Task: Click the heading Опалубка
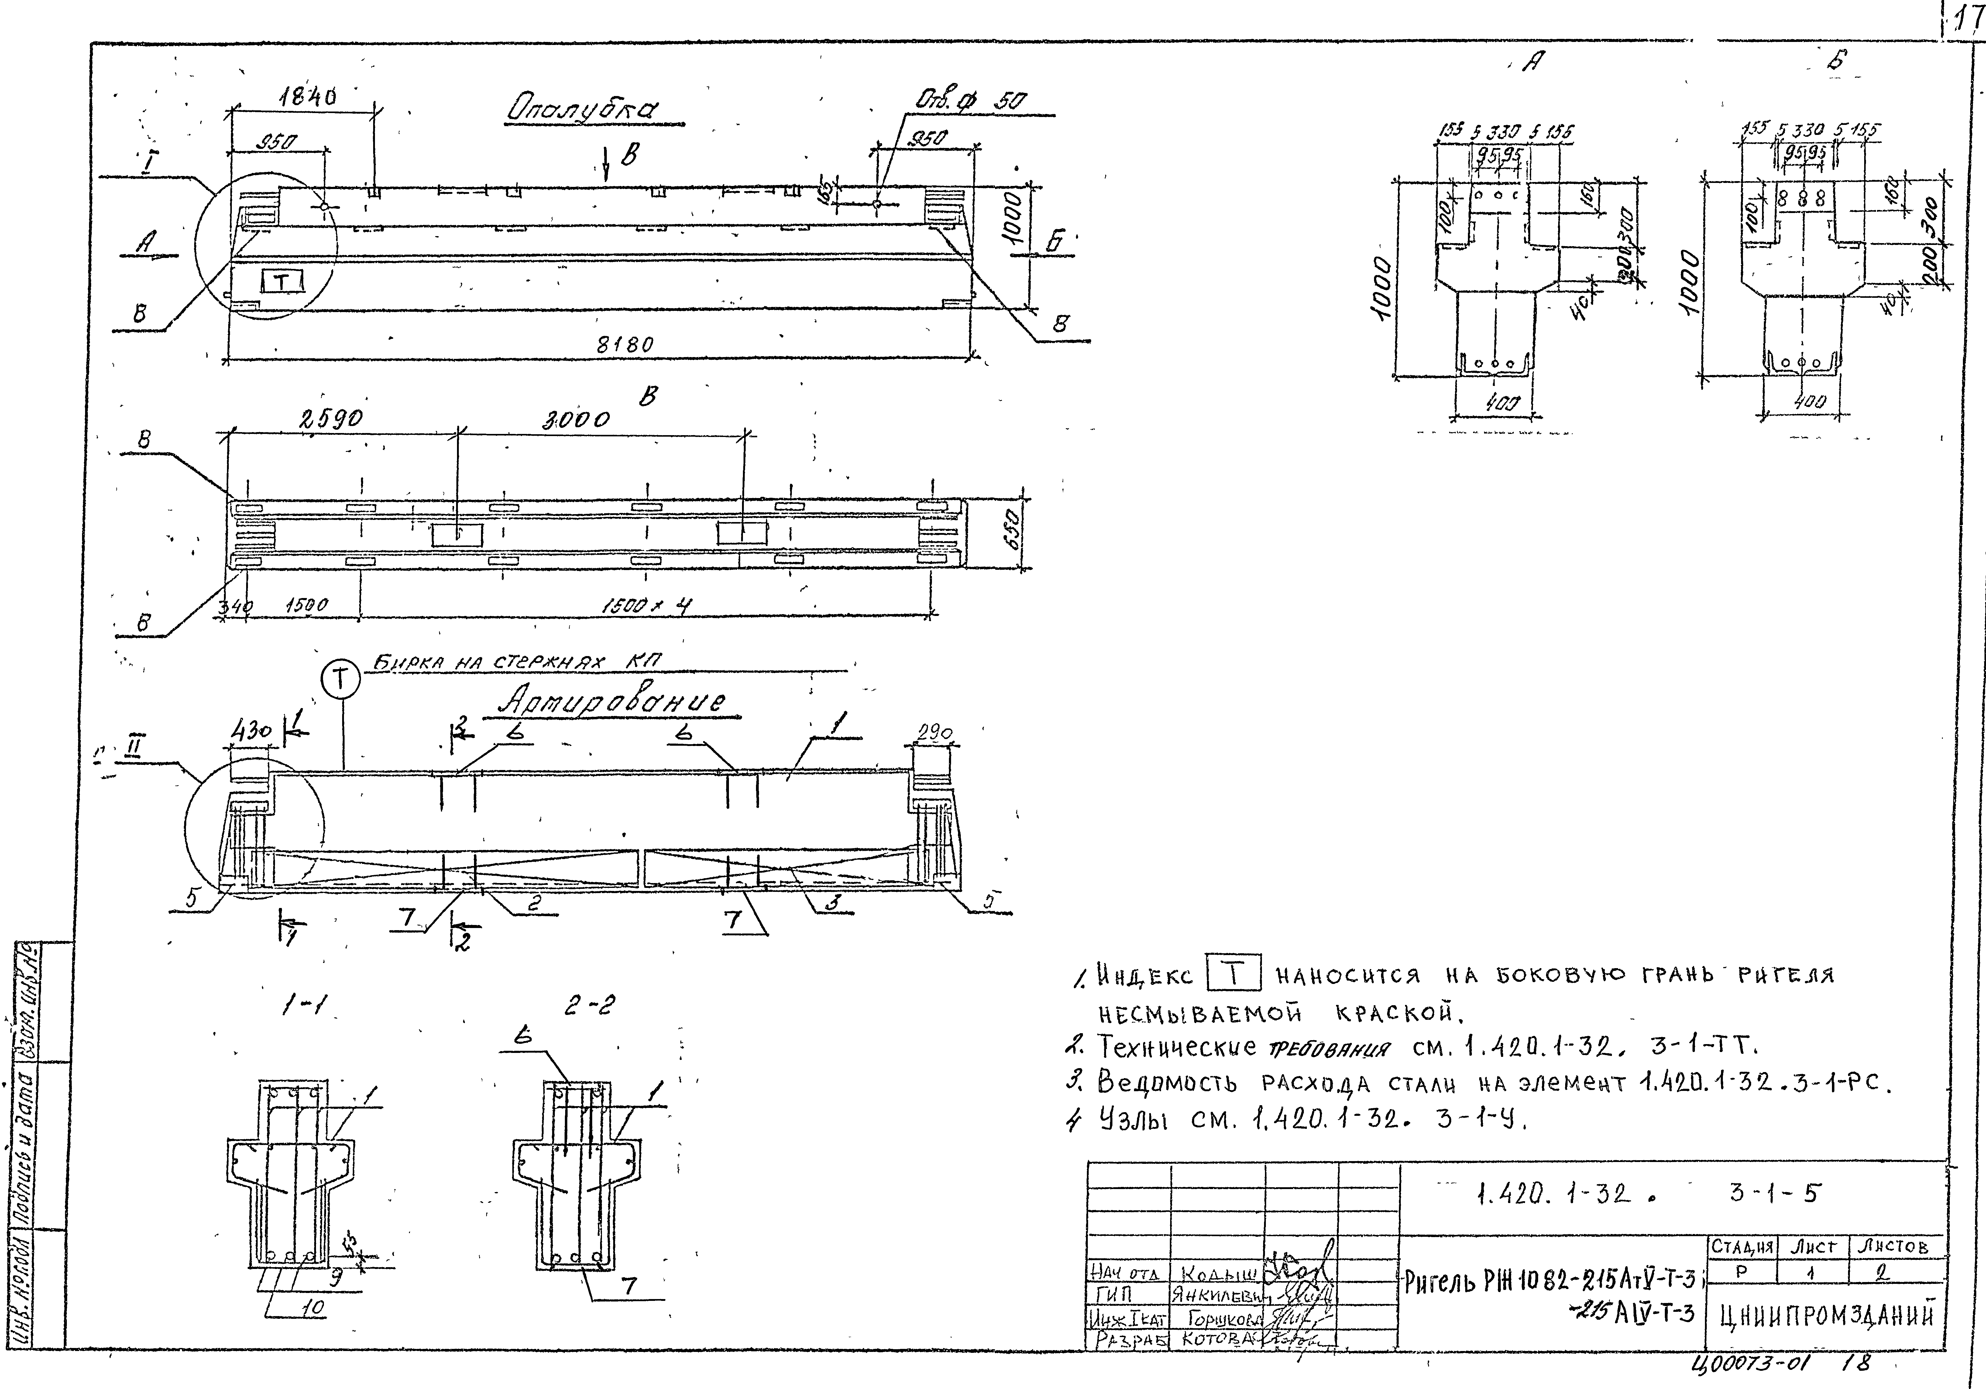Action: pyautogui.click(x=582, y=110)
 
